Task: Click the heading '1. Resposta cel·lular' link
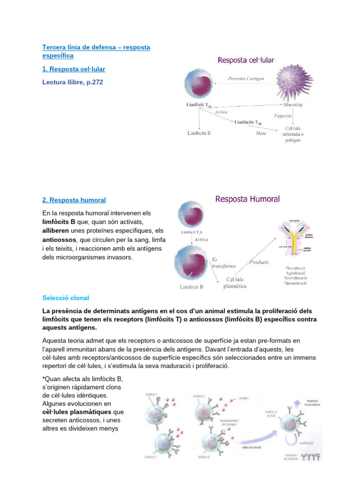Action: point(74,69)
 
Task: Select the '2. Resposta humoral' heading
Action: point(74,200)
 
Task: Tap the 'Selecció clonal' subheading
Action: point(65,298)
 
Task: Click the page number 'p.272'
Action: point(93,82)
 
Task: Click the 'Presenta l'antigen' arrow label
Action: point(247,78)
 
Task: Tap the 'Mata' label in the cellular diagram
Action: point(261,134)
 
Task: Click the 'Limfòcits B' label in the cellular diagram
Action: point(199,133)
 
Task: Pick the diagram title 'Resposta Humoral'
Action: point(247,199)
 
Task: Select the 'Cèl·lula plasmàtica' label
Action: point(234,282)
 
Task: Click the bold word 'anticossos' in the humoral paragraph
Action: point(58,239)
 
